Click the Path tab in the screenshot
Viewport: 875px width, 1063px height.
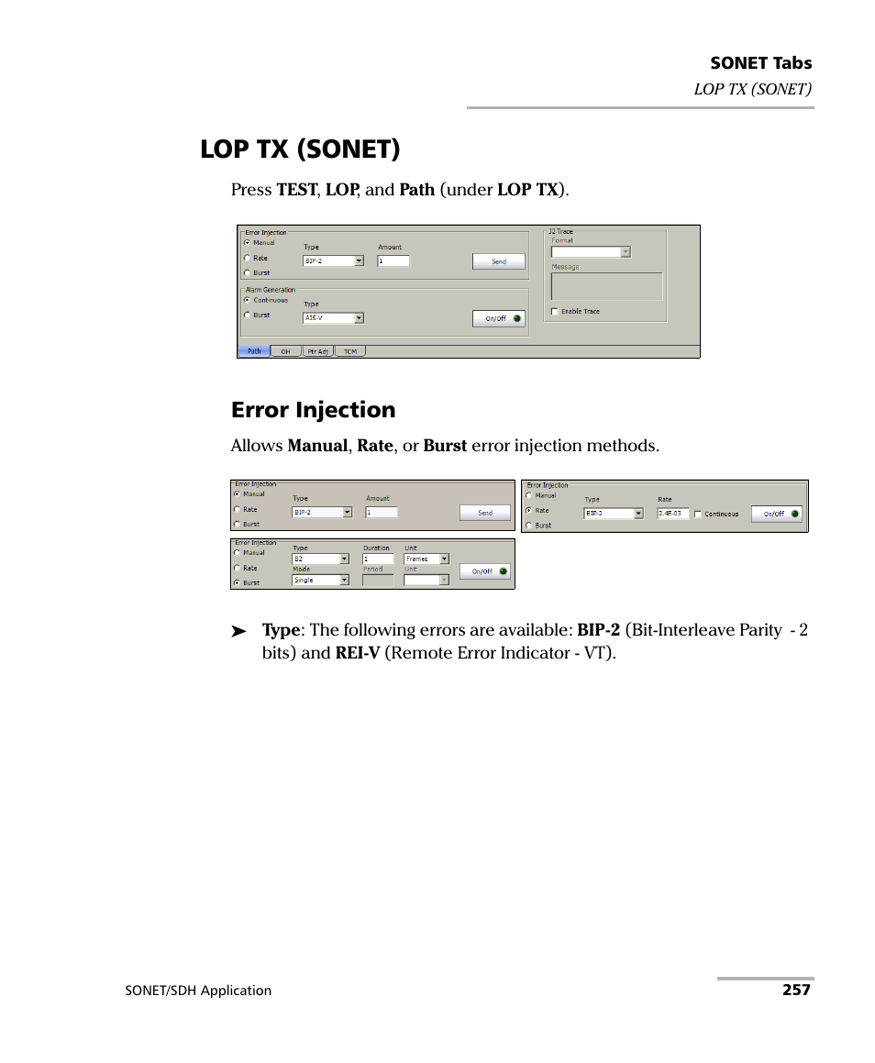click(x=254, y=351)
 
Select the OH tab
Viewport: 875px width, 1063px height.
click(x=285, y=351)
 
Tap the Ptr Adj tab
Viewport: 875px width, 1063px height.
click(x=317, y=351)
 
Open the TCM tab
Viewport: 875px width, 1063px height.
click(x=349, y=351)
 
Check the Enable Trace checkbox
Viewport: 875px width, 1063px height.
click(x=554, y=312)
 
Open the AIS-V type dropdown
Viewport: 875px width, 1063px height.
click(x=333, y=318)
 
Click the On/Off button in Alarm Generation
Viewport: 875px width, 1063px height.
click(x=499, y=318)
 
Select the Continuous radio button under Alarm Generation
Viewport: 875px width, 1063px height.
click(x=247, y=300)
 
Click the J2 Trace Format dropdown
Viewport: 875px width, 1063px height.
click(x=590, y=252)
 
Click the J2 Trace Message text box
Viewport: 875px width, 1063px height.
click(x=605, y=286)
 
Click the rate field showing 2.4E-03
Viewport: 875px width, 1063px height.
click(x=672, y=514)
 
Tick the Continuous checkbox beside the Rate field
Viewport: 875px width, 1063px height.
click(x=699, y=514)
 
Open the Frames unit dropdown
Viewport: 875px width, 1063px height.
click(x=426, y=559)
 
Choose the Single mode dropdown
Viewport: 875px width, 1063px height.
click(x=320, y=580)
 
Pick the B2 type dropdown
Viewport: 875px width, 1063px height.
click(x=320, y=559)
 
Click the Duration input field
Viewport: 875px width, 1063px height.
click(x=378, y=559)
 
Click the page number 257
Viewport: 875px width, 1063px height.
click(x=796, y=991)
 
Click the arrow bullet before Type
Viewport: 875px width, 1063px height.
click(x=238, y=632)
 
